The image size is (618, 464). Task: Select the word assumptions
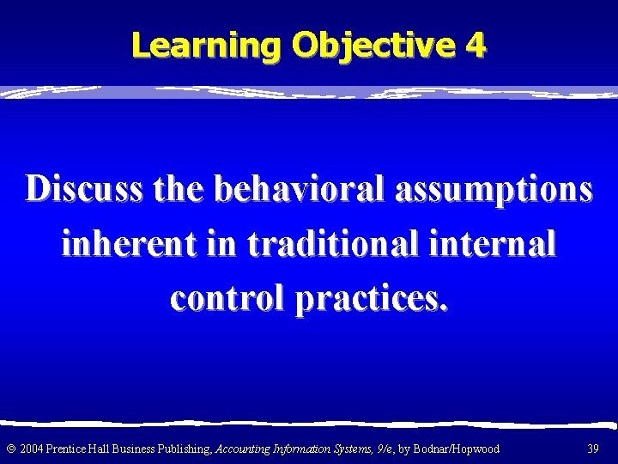(x=494, y=190)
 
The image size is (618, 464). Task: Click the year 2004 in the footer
(x=31, y=449)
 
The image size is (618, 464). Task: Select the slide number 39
(x=591, y=449)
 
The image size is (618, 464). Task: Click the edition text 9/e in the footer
(x=382, y=449)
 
